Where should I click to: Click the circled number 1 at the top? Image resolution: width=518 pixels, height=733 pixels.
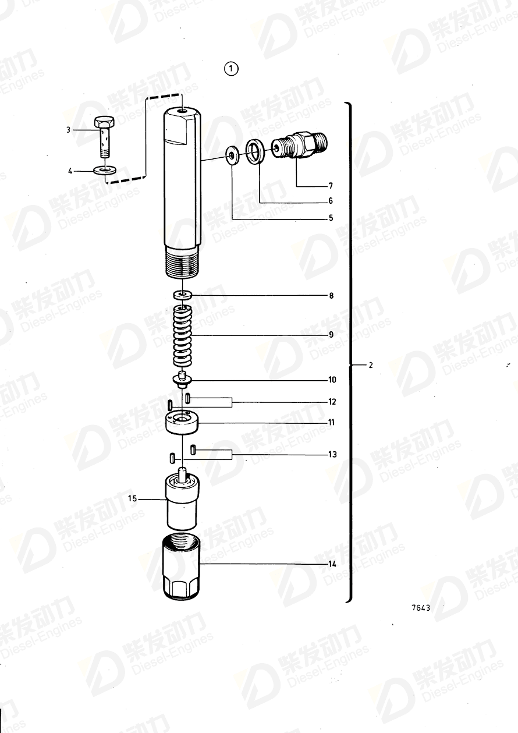[x=231, y=69]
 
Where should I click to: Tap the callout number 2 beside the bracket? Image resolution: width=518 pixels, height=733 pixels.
[x=370, y=366]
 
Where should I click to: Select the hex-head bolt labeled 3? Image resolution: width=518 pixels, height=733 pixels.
[x=104, y=137]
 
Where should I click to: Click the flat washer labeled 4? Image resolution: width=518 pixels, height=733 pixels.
[x=105, y=170]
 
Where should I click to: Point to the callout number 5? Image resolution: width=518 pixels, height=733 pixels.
[x=330, y=218]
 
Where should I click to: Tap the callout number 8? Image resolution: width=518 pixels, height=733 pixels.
[x=331, y=296]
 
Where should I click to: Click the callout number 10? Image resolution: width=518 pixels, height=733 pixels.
[x=332, y=380]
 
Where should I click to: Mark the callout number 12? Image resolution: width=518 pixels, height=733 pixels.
[x=332, y=402]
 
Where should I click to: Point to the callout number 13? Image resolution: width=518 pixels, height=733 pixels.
[x=332, y=455]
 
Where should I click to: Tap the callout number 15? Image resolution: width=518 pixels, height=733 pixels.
[x=132, y=498]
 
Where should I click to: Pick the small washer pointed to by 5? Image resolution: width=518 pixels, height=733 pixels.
[x=232, y=155]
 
